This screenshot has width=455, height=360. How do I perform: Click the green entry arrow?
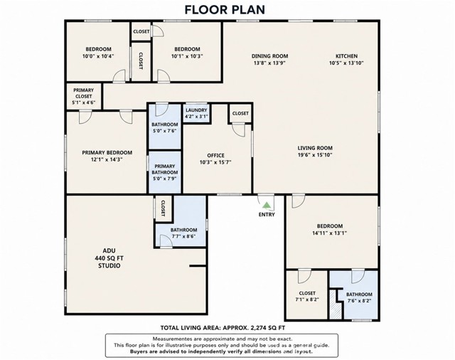[x=267, y=206]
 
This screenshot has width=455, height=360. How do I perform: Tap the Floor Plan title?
[x=225, y=9]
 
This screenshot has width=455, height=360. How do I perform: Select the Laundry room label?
[x=196, y=110]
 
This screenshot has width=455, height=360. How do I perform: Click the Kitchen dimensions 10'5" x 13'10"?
[x=346, y=63]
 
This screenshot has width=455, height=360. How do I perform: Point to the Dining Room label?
[x=270, y=56]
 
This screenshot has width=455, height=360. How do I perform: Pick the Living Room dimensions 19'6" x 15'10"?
[x=315, y=154]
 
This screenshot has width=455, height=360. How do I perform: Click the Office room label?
[x=215, y=155]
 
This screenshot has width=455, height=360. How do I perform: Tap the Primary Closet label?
[x=84, y=93]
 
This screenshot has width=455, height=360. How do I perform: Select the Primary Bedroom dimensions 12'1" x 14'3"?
[x=107, y=159]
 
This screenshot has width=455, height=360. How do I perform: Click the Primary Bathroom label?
[x=165, y=169]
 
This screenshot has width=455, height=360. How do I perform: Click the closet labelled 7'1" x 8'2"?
[x=307, y=296]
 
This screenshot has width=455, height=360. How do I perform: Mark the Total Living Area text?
[x=223, y=328]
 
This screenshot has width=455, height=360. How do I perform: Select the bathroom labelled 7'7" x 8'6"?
[x=183, y=233]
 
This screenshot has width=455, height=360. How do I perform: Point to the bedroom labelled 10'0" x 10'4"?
[x=98, y=53]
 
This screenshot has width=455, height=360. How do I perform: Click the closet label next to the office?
[x=240, y=113]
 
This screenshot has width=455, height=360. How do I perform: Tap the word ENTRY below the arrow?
[x=267, y=215]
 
